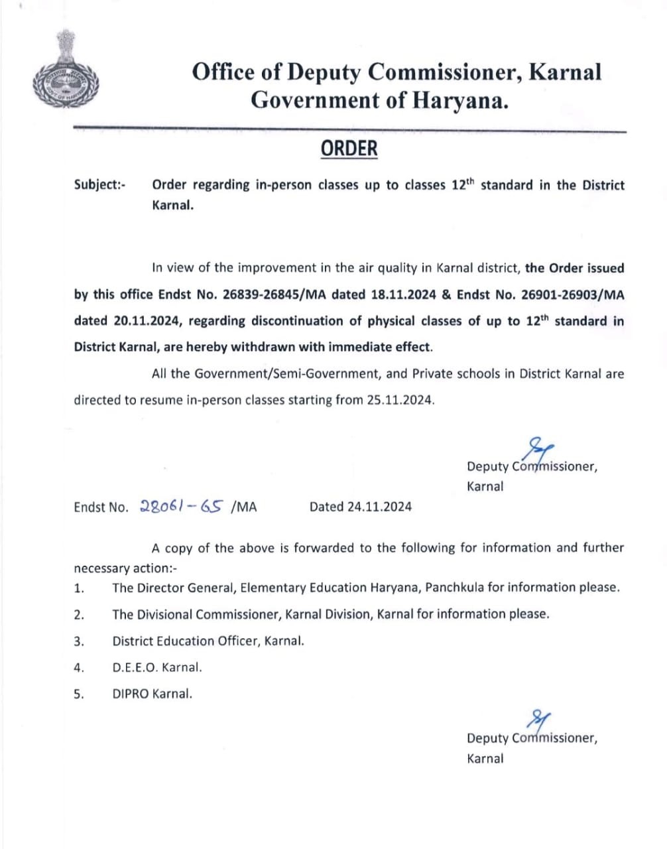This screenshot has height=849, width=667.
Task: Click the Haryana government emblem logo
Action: (x=64, y=73)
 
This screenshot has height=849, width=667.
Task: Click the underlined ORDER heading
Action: (x=349, y=149)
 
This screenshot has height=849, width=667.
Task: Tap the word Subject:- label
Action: (x=100, y=185)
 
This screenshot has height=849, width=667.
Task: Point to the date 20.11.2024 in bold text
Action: (x=147, y=321)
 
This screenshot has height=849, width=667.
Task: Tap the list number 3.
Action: (x=78, y=641)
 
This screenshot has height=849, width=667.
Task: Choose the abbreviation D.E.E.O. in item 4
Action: (x=135, y=668)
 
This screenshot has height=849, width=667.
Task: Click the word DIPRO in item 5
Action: (x=131, y=694)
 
